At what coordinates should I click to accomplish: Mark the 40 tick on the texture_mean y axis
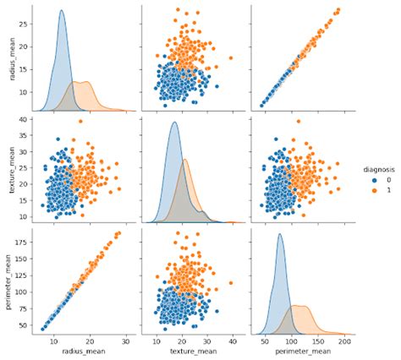[x=25, y=120]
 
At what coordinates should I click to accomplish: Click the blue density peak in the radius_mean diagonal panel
[x=62, y=11]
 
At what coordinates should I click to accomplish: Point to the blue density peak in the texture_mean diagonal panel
[x=173, y=123]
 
